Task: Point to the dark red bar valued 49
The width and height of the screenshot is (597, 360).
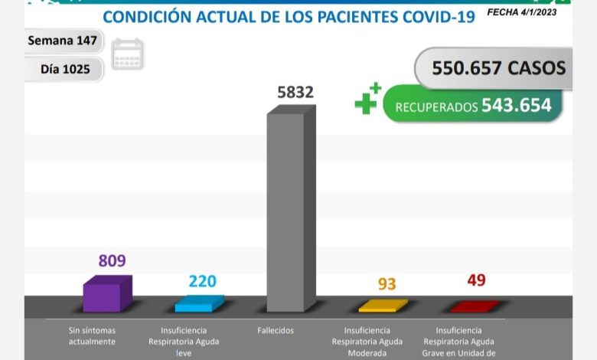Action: (x=474, y=306)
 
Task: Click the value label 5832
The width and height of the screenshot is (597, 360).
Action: (x=295, y=93)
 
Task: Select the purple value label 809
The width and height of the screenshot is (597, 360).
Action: (x=112, y=260)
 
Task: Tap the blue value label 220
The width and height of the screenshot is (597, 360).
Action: (x=202, y=281)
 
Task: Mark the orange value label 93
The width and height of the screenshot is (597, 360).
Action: (x=387, y=284)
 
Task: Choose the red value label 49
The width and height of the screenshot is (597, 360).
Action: (x=476, y=280)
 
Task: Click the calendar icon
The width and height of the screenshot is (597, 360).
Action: (x=127, y=54)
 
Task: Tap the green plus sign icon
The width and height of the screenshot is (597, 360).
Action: (x=367, y=99)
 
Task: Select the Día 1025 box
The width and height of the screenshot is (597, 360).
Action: (x=65, y=69)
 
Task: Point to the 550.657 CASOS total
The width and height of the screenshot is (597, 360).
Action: (x=498, y=67)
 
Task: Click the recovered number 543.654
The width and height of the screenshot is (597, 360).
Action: (x=516, y=106)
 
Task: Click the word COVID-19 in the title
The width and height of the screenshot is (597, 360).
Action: (x=425, y=17)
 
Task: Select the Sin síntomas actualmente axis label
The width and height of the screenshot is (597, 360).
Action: (x=91, y=335)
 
